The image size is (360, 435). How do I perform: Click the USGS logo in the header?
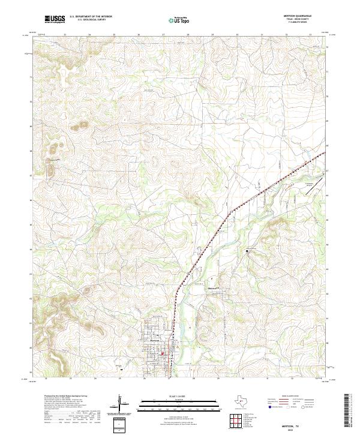coord(55,19)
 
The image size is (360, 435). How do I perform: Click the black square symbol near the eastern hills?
coord(247,249)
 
